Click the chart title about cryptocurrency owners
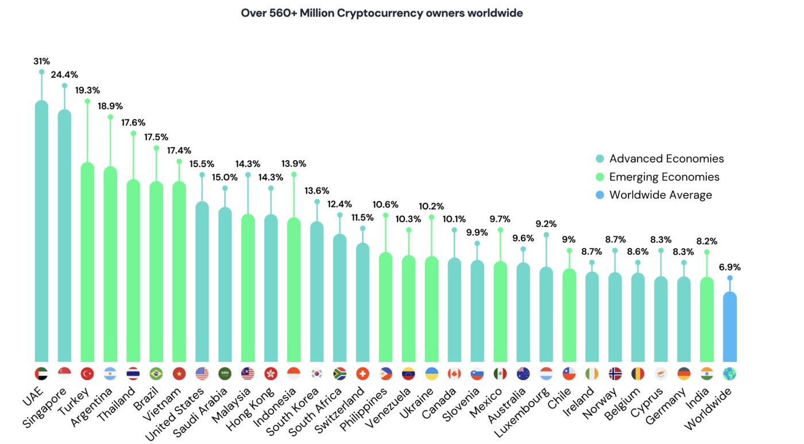pyautogui.click(x=382, y=13)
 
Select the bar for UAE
pyautogui.click(x=41, y=230)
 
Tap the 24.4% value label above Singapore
pyautogui.click(x=64, y=75)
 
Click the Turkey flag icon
pyautogui.click(x=87, y=373)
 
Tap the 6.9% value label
pyautogui.click(x=729, y=267)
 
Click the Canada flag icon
pyautogui.click(x=454, y=373)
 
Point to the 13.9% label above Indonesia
pyautogui.click(x=293, y=163)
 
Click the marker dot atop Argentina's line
pyautogui.click(x=110, y=117)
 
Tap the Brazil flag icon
pyautogui.click(x=156, y=373)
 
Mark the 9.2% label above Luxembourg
pyautogui.click(x=546, y=224)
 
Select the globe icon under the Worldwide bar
pyautogui.click(x=729, y=373)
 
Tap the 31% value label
pyautogui.click(x=41, y=61)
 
